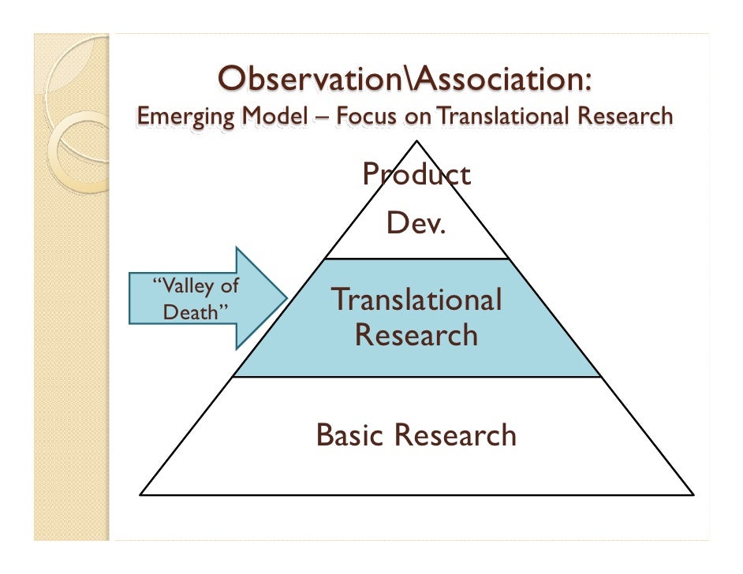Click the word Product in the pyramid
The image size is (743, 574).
(416, 175)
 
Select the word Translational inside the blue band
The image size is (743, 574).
(416, 300)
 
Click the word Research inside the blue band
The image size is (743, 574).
(416, 335)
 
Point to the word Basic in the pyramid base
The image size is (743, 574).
(349, 434)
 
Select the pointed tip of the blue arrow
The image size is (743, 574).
(286, 298)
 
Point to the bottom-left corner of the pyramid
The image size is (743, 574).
(141, 494)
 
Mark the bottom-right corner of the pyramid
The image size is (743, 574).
(693, 494)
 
